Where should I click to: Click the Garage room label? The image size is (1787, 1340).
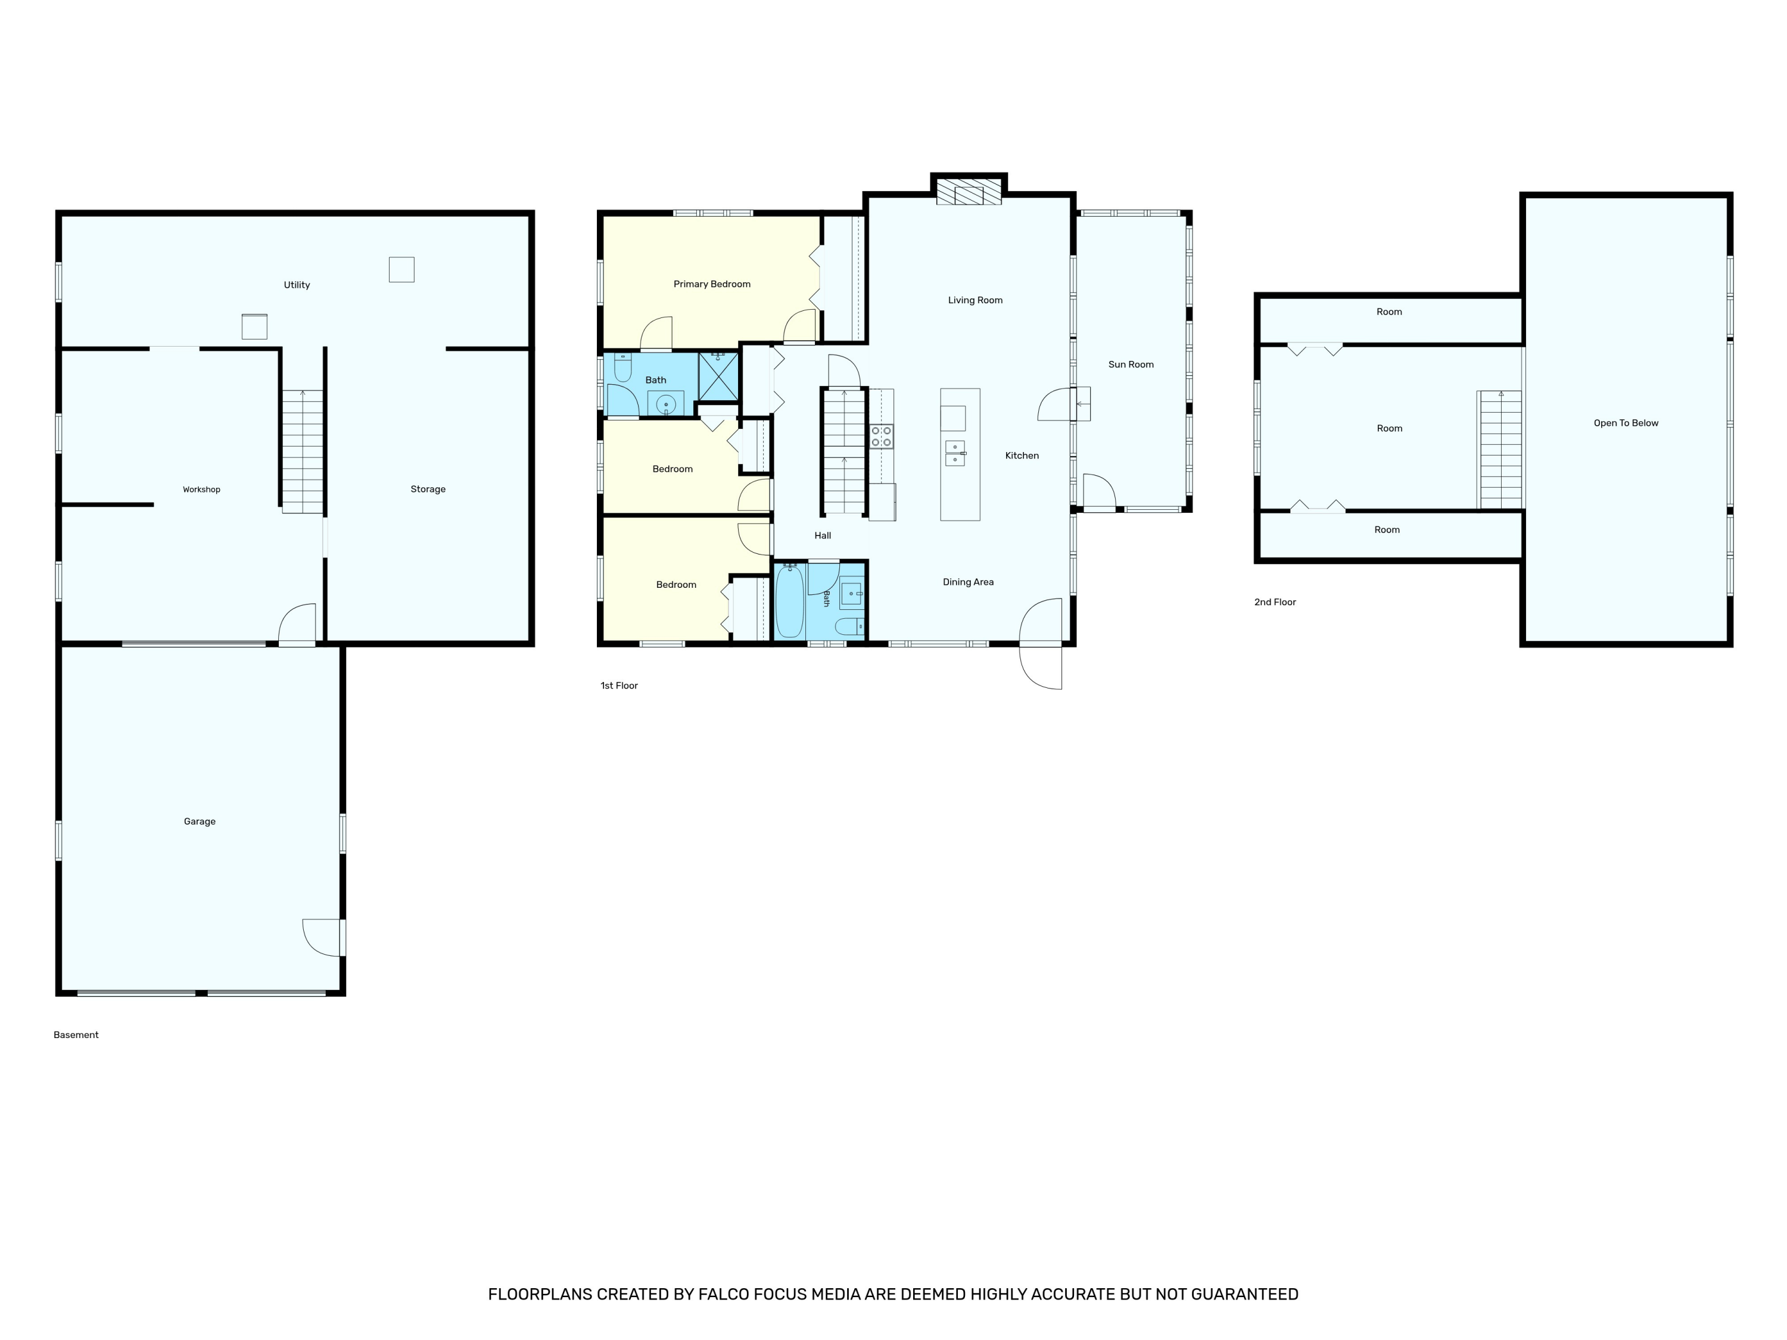point(200,821)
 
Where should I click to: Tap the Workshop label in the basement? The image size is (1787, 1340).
point(201,490)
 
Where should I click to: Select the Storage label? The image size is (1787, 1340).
point(428,489)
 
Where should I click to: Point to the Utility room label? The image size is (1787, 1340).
point(297,285)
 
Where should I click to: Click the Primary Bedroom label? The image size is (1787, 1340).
point(712,284)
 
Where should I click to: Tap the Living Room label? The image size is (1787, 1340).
point(975,301)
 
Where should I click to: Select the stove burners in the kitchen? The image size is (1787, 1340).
point(882,436)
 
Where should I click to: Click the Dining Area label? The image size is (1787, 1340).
point(968,582)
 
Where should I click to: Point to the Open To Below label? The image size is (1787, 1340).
point(1626,423)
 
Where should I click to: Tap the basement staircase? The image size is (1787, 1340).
point(302,451)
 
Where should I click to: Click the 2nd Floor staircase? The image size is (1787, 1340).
point(1500,450)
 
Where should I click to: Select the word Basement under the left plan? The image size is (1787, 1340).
point(76,1034)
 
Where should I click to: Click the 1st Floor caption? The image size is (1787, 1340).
point(619,685)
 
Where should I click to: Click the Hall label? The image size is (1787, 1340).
point(823,535)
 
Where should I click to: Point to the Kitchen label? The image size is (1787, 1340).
point(1022,456)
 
